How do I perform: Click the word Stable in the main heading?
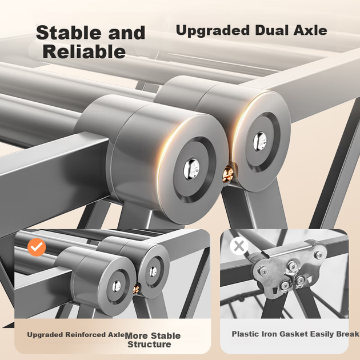[x=69, y=33]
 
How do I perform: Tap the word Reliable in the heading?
[x=84, y=51]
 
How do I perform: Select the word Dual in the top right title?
[x=271, y=30]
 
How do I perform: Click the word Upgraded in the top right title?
[x=213, y=31]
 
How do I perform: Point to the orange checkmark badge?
[x=37, y=247]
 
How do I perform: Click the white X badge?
[x=239, y=246]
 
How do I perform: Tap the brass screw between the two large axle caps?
[x=228, y=174]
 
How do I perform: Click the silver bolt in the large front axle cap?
[x=191, y=169]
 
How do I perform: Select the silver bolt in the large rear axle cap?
[x=260, y=141]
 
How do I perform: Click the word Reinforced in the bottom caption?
[x=86, y=335]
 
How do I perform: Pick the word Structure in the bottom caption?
[x=149, y=344]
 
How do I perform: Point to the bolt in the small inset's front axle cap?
[x=117, y=286]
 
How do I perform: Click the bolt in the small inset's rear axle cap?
[x=153, y=271]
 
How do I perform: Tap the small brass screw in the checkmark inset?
[x=136, y=289]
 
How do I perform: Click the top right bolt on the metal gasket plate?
[x=318, y=254]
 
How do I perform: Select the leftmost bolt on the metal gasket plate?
[x=263, y=271]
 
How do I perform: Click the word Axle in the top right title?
[x=310, y=30]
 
